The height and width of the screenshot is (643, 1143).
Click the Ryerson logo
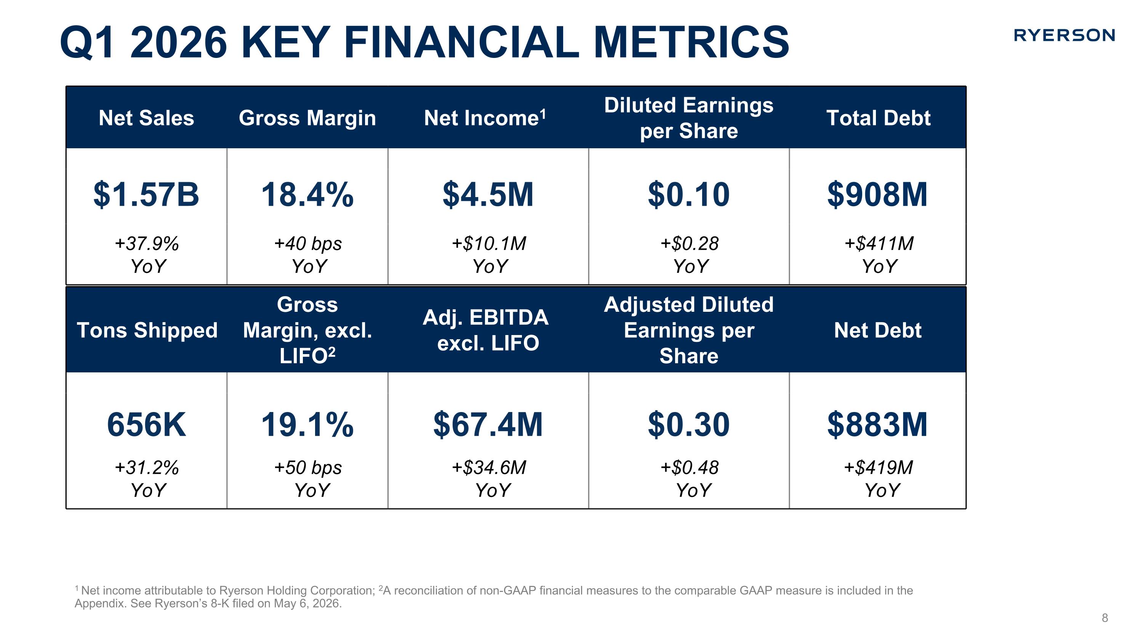coord(1064,35)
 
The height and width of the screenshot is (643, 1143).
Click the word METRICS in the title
coord(691,43)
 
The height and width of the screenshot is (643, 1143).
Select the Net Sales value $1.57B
coord(146,195)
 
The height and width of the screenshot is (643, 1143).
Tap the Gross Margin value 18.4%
coord(307,195)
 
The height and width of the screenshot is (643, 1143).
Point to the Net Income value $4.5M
coord(488,195)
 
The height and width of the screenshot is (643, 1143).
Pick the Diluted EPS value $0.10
coord(688,195)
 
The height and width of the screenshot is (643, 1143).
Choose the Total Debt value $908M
coord(877,195)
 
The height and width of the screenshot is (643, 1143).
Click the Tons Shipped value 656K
coord(146,425)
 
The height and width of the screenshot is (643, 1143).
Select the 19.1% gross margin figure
coord(307,425)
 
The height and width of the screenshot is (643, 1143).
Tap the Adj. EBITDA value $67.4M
coord(488,425)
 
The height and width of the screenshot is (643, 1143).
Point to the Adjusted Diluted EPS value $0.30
coord(688,425)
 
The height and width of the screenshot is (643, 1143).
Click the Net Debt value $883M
coord(877,425)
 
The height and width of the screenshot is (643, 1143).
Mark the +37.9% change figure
coord(147,244)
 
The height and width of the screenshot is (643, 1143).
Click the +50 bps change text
coord(308,468)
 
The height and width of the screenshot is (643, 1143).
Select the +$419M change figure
coord(878,468)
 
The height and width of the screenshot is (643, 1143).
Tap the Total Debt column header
coord(878,118)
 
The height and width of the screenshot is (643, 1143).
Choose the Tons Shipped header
coord(147,330)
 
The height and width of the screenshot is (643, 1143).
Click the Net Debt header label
coord(878,330)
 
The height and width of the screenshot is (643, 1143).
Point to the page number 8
coord(1105,618)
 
